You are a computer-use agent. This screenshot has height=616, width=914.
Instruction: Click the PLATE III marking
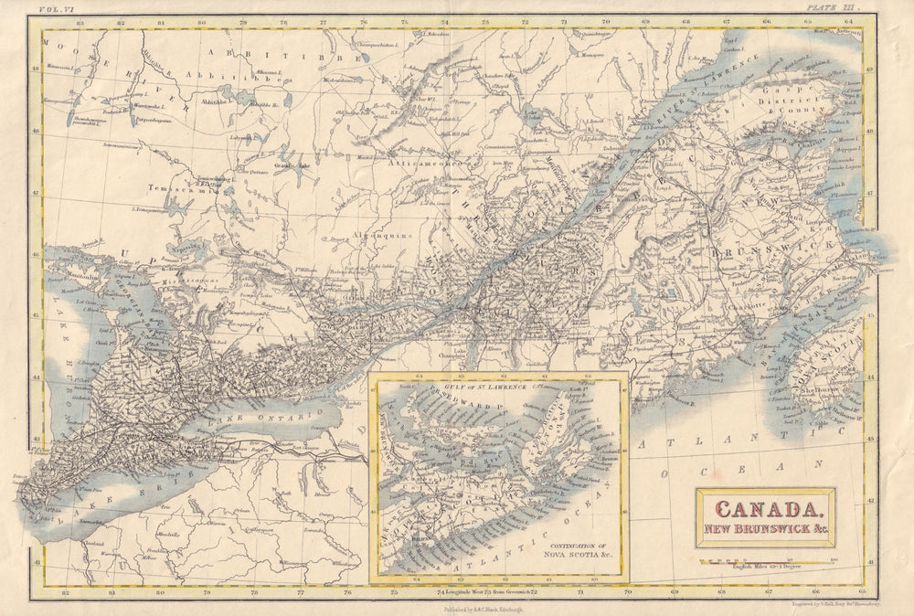coord(834,7)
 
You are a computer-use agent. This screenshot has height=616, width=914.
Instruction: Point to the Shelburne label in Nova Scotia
coord(818,384)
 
